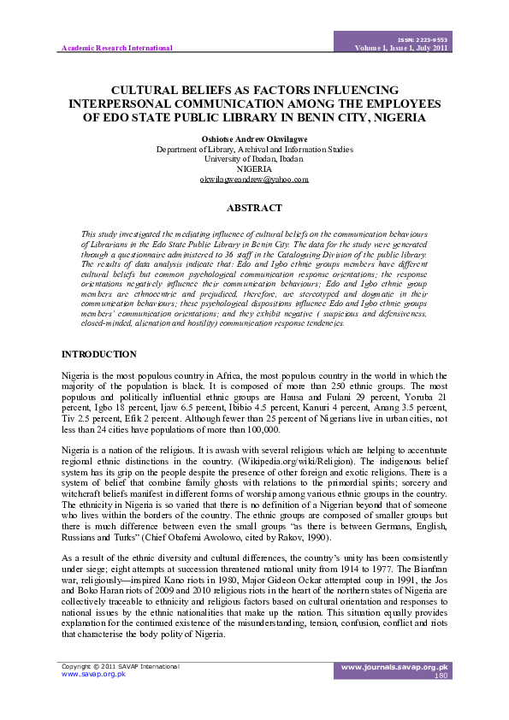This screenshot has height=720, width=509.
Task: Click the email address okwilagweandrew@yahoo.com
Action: pyautogui.click(x=254, y=180)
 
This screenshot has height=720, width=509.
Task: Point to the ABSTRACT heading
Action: pyautogui.click(x=254, y=208)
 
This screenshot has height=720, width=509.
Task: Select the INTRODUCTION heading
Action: pyautogui.click(x=99, y=354)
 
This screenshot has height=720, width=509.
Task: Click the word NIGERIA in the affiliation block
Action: pyautogui.click(x=254, y=169)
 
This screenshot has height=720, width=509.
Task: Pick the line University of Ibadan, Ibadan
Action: pyautogui.click(x=254, y=159)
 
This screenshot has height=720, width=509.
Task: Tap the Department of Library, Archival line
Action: pyautogui.click(x=254, y=149)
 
